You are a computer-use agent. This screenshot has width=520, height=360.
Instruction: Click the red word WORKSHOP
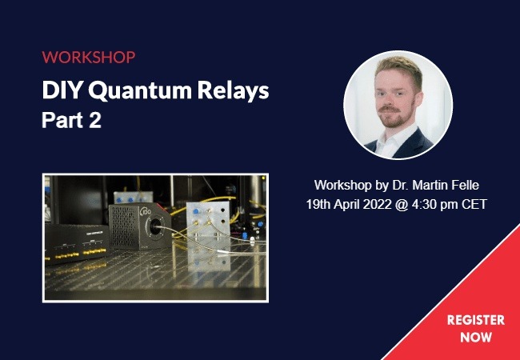pos(89,58)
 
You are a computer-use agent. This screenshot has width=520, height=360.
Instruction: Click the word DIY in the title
pos(62,91)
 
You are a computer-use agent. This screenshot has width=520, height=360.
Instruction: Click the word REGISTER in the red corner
pos(475,320)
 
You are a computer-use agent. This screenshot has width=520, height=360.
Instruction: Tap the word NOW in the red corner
pos(476,338)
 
